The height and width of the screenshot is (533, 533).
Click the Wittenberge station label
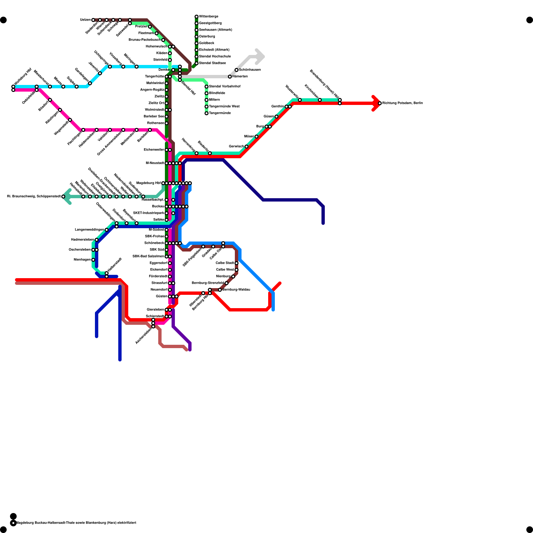pyautogui.click(x=209, y=17)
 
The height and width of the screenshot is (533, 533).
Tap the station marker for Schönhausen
pyautogui.click(x=237, y=70)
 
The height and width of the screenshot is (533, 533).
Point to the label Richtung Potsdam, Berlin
pyautogui.click(x=402, y=103)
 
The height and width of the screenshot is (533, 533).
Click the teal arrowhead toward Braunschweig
pyautogui.click(x=67, y=197)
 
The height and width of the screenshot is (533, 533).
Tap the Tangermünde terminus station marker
pyautogui.click(x=207, y=113)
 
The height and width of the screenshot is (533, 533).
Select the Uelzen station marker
pyautogui.click(x=93, y=20)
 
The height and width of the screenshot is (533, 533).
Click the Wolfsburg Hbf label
pyautogui.click(x=23, y=77)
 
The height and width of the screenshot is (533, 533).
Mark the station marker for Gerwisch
pyautogui.click(x=247, y=147)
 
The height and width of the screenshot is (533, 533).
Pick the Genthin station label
pyautogui.click(x=277, y=107)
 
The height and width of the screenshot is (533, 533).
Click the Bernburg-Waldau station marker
pyautogui.click(x=220, y=290)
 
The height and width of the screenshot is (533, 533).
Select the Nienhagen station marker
pyautogui.click(x=93, y=260)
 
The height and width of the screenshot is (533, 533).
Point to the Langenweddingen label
pyautogui.click(x=89, y=230)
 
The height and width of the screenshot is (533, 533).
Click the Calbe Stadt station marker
pyautogui.click(x=237, y=263)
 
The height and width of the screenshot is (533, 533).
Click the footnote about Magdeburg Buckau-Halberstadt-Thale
pyautogui.click(x=76, y=523)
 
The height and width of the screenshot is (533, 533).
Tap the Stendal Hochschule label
pyautogui.click(x=215, y=57)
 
